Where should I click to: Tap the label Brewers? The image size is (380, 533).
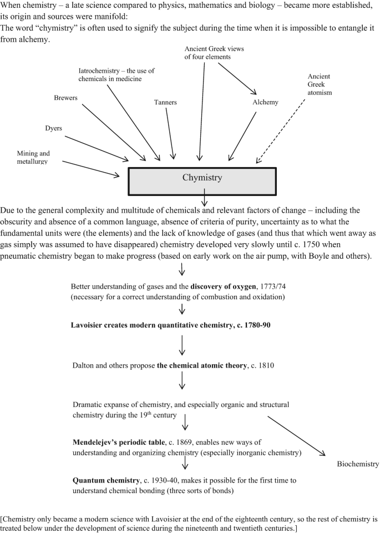click(x=65, y=98)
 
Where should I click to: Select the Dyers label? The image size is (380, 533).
click(x=53, y=128)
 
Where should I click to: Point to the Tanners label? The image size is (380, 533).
click(x=165, y=102)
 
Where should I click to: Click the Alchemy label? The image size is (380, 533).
click(x=265, y=102)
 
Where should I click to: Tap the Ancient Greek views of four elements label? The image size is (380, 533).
click(x=214, y=52)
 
